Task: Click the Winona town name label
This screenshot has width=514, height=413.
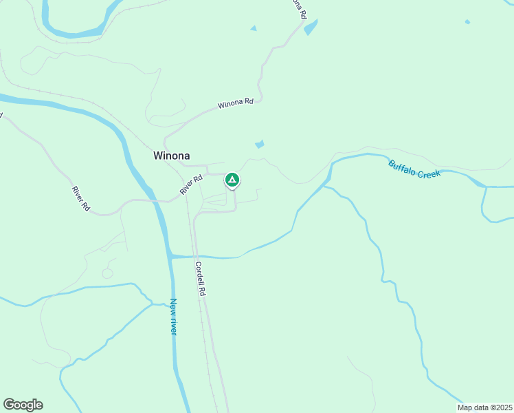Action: (x=170, y=156)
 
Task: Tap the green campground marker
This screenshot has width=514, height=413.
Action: (x=232, y=180)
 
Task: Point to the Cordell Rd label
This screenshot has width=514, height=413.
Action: (x=200, y=279)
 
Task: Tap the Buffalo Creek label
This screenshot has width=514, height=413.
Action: (x=414, y=169)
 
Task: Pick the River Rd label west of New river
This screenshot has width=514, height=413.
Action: (x=81, y=198)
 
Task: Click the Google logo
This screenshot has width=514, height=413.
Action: (x=23, y=405)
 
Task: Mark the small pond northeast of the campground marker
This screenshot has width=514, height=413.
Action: (x=259, y=145)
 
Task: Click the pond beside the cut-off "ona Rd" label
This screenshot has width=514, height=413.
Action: (x=311, y=28)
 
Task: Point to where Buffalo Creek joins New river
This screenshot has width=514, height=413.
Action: (x=172, y=256)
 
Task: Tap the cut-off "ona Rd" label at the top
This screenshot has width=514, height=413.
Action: (x=298, y=8)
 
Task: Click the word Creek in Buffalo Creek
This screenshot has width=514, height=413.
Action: (x=427, y=172)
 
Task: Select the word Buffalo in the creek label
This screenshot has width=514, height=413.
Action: (x=402, y=167)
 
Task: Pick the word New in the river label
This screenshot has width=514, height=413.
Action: (x=173, y=305)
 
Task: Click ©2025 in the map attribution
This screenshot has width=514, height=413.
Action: (x=501, y=407)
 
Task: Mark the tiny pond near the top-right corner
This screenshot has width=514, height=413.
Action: (x=467, y=22)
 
